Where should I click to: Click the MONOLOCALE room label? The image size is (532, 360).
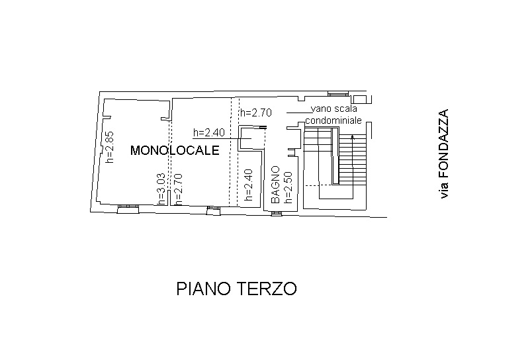coord(175,150)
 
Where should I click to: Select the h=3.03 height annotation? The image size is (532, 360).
coord(161,189)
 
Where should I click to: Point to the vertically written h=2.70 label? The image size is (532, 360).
coord(177,189)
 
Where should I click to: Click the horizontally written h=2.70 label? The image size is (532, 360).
coord(255,112)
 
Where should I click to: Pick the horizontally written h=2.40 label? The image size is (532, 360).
coord(209,132)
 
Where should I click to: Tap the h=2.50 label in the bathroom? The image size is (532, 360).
coord(288,185)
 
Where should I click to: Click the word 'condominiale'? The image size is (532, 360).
coord(333,121)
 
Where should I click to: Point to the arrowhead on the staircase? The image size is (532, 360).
coord(353,137)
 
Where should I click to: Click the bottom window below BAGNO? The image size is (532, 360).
coord(277,212)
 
